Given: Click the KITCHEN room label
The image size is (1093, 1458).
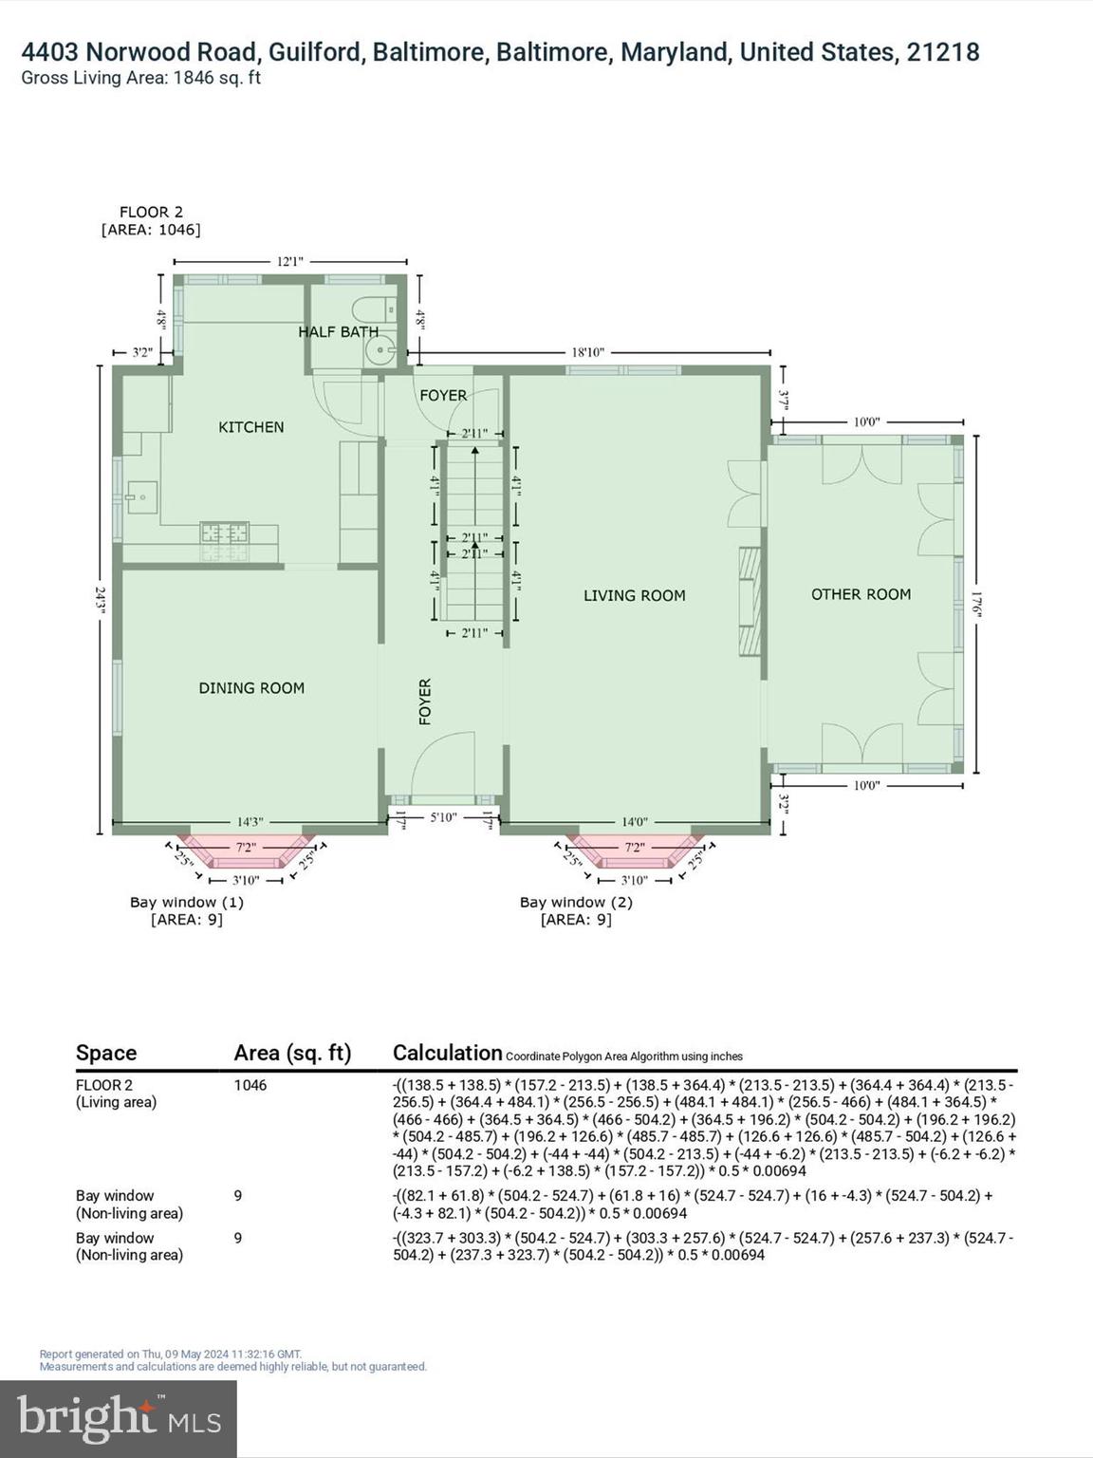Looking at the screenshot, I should [250, 427].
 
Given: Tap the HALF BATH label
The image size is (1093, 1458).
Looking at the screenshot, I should [338, 331].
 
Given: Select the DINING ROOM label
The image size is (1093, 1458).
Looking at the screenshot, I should [251, 688].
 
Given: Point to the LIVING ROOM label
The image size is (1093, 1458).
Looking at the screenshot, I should [634, 595].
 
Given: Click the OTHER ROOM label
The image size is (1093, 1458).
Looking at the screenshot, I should [861, 594].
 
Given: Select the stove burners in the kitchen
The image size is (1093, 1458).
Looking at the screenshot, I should [224, 541].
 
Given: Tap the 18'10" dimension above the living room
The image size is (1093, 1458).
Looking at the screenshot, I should [587, 352].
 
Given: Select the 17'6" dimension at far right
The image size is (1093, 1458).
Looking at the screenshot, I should [977, 605].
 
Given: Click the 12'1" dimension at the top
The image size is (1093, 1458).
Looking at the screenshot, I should [290, 261].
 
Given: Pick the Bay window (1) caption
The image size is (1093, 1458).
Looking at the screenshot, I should [187, 902].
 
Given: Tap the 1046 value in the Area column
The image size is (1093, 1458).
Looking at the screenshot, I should [250, 1085].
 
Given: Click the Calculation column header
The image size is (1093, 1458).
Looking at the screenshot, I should [447, 1053].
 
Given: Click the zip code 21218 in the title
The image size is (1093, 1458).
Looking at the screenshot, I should [942, 52].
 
